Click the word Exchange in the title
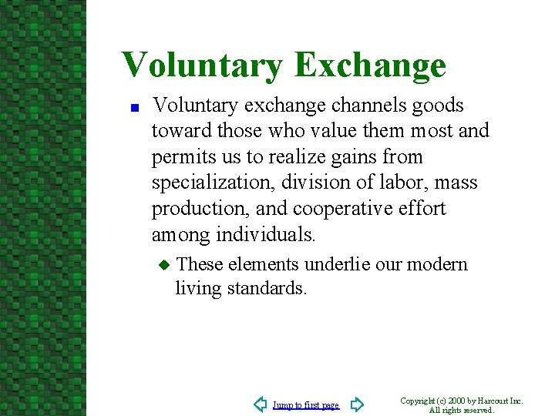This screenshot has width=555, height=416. tap(369, 65)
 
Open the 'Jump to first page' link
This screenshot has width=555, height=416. tap(306, 405)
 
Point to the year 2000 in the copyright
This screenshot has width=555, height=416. tap(456, 401)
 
